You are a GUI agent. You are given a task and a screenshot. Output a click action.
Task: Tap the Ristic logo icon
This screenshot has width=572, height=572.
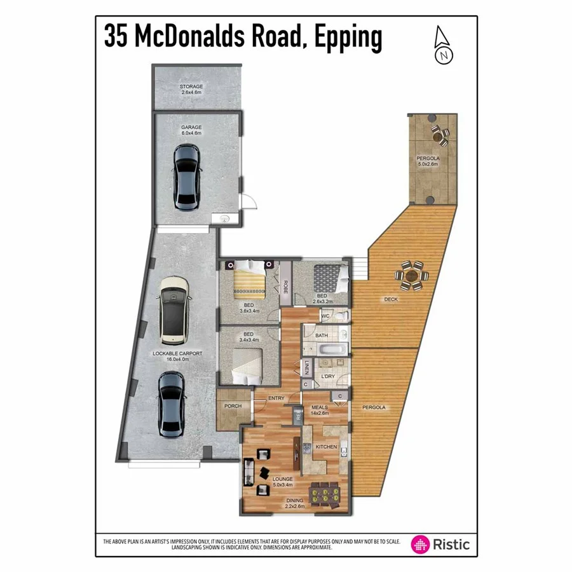point(420,544)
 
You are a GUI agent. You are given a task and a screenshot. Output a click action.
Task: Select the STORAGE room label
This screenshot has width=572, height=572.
point(191,86)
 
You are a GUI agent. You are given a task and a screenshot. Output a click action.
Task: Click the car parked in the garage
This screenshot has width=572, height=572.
point(187,177)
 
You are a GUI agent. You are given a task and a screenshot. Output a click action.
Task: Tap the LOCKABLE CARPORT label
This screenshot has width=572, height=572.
point(177,353)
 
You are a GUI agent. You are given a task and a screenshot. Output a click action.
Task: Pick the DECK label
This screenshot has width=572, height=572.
point(390,299)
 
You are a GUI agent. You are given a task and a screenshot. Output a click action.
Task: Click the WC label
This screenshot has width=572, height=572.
point(325,316)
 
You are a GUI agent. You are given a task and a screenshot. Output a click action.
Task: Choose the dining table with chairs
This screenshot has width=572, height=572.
point(323,494)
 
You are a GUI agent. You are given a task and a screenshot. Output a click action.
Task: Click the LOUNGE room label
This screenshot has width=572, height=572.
point(282,479)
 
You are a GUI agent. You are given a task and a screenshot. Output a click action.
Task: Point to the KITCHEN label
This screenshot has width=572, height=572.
point(326,447)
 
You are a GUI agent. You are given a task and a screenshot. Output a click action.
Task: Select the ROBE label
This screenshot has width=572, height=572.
point(286,288)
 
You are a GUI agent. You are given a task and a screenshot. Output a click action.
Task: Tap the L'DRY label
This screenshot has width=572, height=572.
point(328,377)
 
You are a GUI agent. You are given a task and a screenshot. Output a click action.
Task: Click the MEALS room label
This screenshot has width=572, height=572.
point(319,407)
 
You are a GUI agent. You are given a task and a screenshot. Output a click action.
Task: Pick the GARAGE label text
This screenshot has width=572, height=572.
point(191,128)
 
